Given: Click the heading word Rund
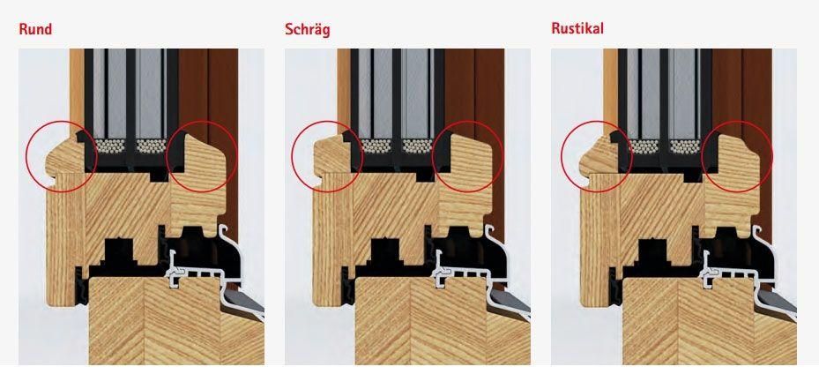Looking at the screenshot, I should pyautogui.click(x=35, y=29).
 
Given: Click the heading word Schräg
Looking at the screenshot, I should pyautogui.click(x=308, y=29).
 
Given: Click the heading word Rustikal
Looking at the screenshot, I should pyautogui.click(x=577, y=29).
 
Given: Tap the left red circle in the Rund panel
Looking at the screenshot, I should pyautogui.click(x=61, y=156).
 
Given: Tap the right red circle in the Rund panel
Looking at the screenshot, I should pyautogui.click(x=201, y=156).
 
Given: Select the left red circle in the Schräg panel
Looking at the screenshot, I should pyautogui.click(x=326, y=156).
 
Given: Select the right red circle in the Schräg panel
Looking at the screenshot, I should pyautogui.click(x=468, y=156).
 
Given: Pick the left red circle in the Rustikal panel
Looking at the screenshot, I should pyautogui.click(x=596, y=156).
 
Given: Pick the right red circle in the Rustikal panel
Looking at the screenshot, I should pyautogui.click(x=737, y=156).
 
